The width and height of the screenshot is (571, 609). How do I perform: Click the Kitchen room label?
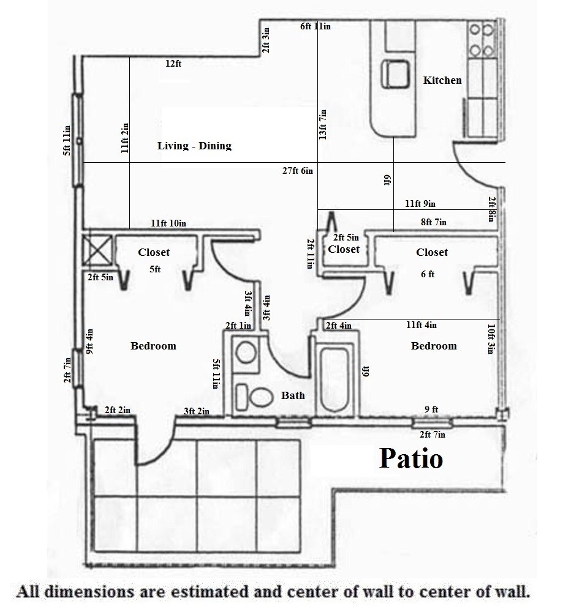pyautogui.click(x=442, y=80)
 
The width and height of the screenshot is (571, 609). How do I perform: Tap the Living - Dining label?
pyautogui.click(x=194, y=146)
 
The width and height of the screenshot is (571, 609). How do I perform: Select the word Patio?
pyautogui.click(x=410, y=458)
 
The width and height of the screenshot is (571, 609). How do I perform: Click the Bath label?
pyautogui.click(x=293, y=395)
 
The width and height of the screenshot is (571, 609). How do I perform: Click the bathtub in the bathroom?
pyautogui.click(x=334, y=377)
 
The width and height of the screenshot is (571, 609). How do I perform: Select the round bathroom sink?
pyautogui.click(x=247, y=353)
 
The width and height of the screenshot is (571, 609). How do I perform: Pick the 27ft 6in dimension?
pyautogui.click(x=298, y=171)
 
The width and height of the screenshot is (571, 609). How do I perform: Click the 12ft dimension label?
pyautogui.click(x=173, y=63)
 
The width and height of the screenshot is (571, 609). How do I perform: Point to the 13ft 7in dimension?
pyautogui.click(x=323, y=124)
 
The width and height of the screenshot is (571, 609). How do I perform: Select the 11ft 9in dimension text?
pyautogui.click(x=420, y=204)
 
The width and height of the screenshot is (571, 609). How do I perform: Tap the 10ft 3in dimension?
pyautogui.click(x=491, y=338)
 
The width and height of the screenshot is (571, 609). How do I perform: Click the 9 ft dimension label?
pyautogui.click(x=431, y=409)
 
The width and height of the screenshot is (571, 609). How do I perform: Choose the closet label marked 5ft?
pyautogui.click(x=154, y=252)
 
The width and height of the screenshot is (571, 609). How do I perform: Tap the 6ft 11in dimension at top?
pyautogui.click(x=316, y=26)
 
